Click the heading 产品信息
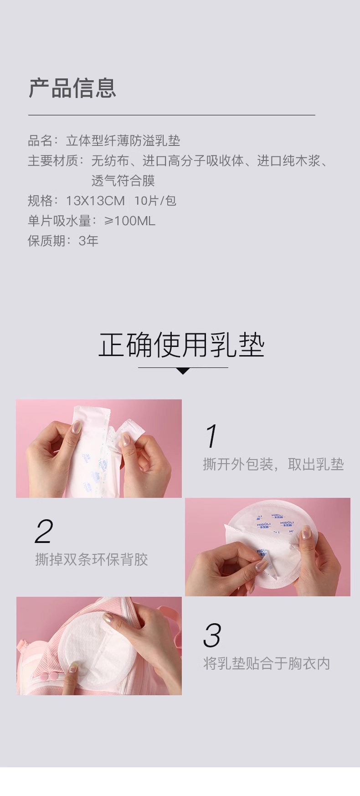[x=72, y=88]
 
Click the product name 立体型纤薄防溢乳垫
[x=123, y=140]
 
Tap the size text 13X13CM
[x=95, y=201]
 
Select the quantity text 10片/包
[x=155, y=201]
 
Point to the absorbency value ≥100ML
[x=130, y=221]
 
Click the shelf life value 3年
[x=88, y=241]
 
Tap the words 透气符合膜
[x=123, y=181]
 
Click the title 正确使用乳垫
[x=181, y=345]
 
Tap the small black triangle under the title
[x=183, y=371]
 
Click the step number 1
[x=211, y=436]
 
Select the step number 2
[x=44, y=531]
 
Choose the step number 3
[x=212, y=636]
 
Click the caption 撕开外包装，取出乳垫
[x=273, y=465]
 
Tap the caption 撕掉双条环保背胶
[x=92, y=559]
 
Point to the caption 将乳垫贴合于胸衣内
[x=267, y=663]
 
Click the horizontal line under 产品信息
[x=171, y=115]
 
